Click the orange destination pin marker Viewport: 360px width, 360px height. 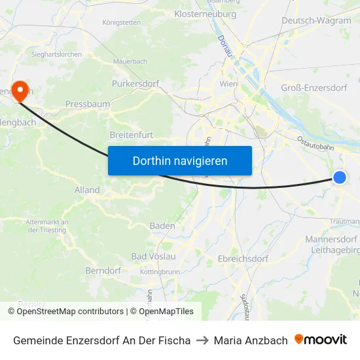tap(20, 90)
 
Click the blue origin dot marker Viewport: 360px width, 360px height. tap(340, 177)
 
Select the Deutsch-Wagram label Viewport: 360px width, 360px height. tap(316, 20)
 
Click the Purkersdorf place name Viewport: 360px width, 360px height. tap(136, 84)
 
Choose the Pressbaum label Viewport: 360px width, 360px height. tap(88, 103)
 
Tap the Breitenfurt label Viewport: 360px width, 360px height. tap(132, 135)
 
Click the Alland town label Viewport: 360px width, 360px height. tap(87, 190)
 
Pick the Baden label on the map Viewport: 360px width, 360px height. tap(162, 226)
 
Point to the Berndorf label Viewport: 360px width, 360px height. tap(103, 270)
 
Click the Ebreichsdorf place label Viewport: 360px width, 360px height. tap(243, 259)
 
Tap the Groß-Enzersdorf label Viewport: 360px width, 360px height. tap(314, 88)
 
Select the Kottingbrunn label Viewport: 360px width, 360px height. tap(160, 271)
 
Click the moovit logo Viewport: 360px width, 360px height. tap(321, 340)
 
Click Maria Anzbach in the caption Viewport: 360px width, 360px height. tap(251, 340)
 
